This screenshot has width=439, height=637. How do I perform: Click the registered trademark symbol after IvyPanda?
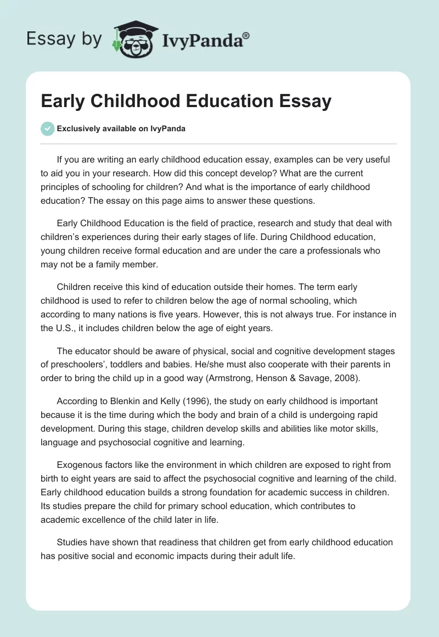tap(246, 36)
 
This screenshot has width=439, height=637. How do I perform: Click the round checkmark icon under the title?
tap(47, 128)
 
